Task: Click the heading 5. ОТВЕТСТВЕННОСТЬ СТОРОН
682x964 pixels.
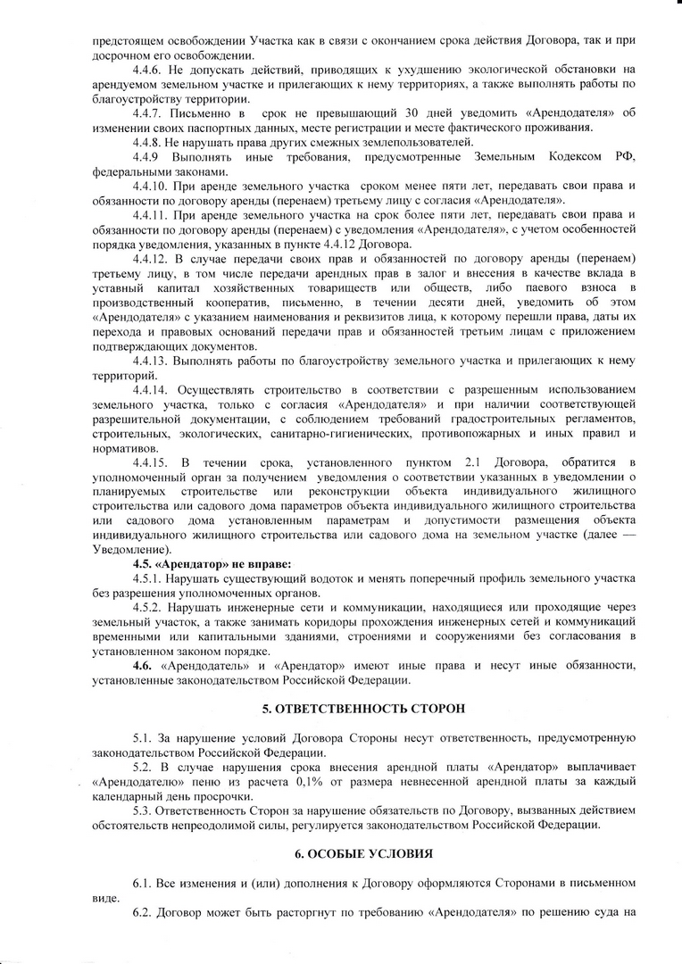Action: [363, 709]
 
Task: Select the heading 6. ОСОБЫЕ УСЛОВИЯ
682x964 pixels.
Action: [363, 853]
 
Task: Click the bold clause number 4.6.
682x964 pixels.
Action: [142, 665]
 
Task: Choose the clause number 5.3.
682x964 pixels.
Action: [142, 810]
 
